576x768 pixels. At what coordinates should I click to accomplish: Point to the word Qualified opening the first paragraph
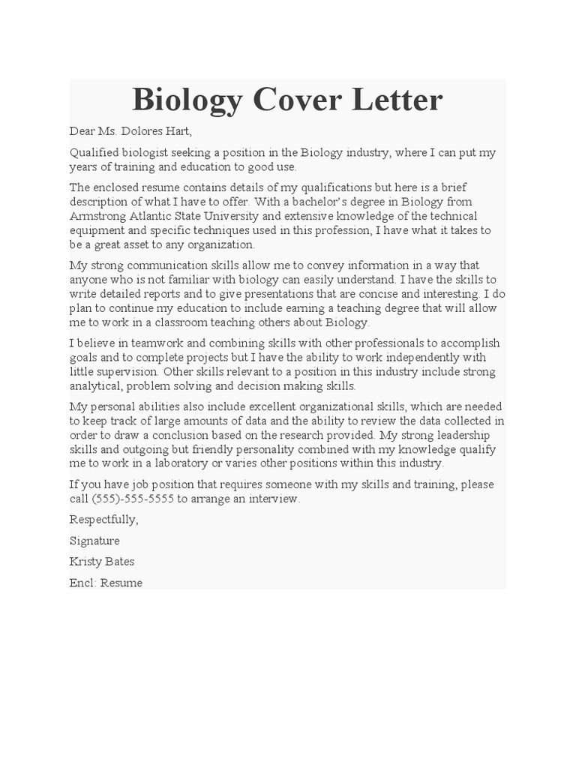point(93,153)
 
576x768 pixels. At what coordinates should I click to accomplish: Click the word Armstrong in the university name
point(95,216)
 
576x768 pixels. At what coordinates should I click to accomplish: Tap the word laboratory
point(176,463)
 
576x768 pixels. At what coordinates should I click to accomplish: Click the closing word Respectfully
point(103,520)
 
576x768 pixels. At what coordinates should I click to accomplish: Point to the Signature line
point(94,541)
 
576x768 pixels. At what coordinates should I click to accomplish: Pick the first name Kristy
point(85,562)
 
